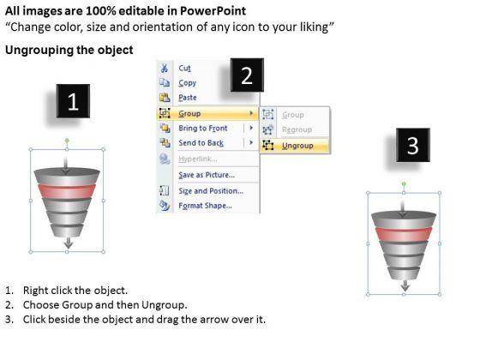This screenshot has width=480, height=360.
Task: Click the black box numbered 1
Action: pyautogui.click(x=73, y=101)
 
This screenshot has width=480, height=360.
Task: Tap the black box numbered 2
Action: pyautogui.click(x=247, y=75)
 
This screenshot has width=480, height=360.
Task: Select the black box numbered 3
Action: pyautogui.click(x=413, y=145)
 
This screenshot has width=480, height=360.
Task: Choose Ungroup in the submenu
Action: pyautogui.click(x=297, y=146)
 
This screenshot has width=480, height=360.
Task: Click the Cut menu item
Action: pyautogui.click(x=184, y=69)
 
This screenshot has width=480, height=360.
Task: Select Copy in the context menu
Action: pyautogui.click(x=188, y=83)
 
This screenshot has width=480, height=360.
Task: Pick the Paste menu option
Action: pyautogui.click(x=188, y=98)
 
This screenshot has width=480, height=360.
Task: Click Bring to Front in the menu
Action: pyautogui.click(x=203, y=129)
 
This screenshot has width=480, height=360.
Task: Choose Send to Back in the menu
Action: pyautogui.click(x=201, y=143)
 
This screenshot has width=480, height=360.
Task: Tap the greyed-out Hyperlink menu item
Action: pyautogui.click(x=198, y=159)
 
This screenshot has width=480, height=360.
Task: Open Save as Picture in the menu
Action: pyautogui.click(x=207, y=175)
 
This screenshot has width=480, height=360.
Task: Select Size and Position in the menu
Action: pyautogui.click(x=211, y=191)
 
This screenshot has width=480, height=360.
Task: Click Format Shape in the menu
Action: pyautogui.click(x=205, y=206)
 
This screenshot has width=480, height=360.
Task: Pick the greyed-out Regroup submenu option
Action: pyautogui.click(x=297, y=129)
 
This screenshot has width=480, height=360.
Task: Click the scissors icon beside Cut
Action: pyautogui.click(x=165, y=68)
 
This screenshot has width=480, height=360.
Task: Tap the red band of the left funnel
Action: pyautogui.click(x=67, y=192)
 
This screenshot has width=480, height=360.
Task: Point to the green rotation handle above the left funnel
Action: pyautogui.click(x=67, y=141)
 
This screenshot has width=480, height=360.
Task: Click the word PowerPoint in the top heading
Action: pyautogui.click(x=213, y=11)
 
